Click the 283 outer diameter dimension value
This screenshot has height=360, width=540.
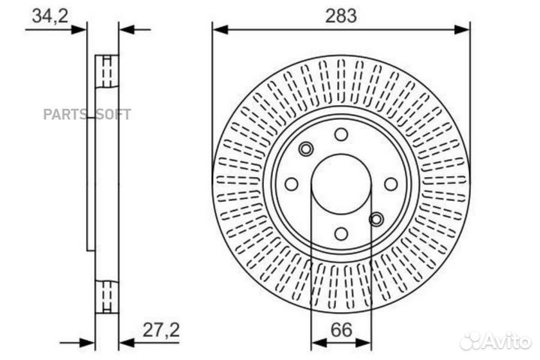[x=342, y=14]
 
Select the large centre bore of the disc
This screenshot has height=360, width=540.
[x=341, y=184]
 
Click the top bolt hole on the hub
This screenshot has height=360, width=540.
[x=341, y=135]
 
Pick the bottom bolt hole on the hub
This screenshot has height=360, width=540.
[x=341, y=233]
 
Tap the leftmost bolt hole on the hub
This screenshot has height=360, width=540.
[x=292, y=184]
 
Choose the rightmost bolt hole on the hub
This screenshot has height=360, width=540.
[x=391, y=184]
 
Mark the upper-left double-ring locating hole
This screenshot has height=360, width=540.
[x=305, y=149]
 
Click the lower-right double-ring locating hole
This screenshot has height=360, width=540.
[x=376, y=219]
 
